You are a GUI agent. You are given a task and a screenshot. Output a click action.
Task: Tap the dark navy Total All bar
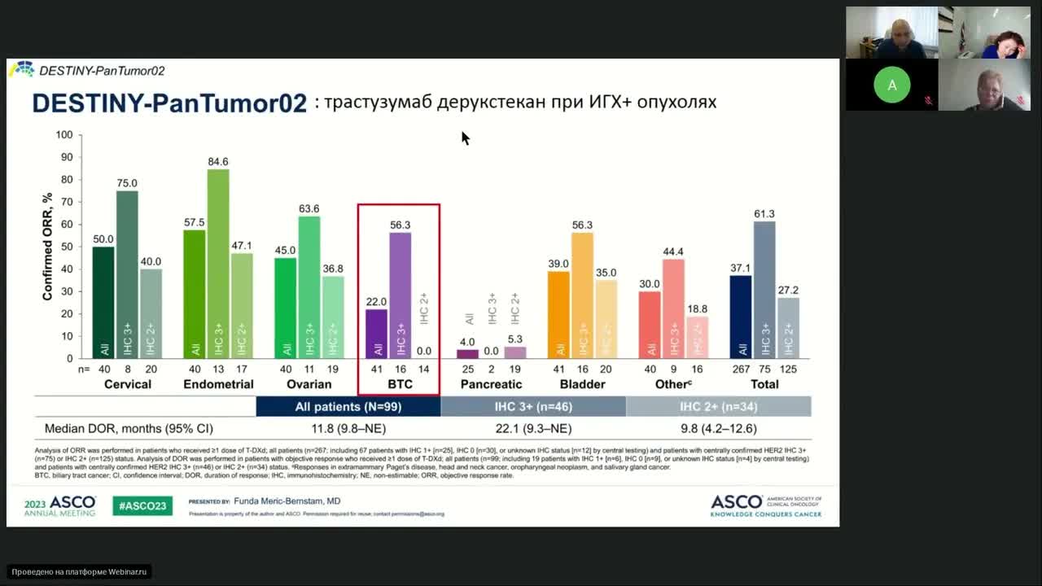pyautogui.click(x=741, y=317)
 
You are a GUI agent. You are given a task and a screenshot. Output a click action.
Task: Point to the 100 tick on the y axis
pyautogui.click(x=64, y=134)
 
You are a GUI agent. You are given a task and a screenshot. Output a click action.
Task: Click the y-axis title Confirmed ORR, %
pyautogui.click(x=48, y=247)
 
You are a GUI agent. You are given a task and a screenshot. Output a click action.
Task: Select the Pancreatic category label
pyautogui.click(x=491, y=384)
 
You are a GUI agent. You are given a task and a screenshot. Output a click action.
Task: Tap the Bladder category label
pyautogui.click(x=582, y=384)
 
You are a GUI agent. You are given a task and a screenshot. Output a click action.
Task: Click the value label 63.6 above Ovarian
pyautogui.click(x=309, y=208)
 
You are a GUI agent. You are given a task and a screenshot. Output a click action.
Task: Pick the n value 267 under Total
pyautogui.click(x=742, y=369)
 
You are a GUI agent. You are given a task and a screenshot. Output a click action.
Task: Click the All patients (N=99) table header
pyautogui.click(x=348, y=406)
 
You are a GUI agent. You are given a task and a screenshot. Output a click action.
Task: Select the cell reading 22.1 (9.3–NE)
pyautogui.click(x=533, y=428)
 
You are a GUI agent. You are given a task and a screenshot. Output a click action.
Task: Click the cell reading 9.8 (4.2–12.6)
pyautogui.click(x=718, y=428)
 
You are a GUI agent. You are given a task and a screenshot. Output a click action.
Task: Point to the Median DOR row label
pyautogui.click(x=129, y=428)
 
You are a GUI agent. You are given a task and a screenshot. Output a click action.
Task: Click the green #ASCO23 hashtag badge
pyautogui.click(x=142, y=505)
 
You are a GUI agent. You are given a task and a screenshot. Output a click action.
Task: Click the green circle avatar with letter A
pyautogui.click(x=892, y=85)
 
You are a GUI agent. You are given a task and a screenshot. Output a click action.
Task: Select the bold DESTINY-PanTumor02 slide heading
pyautogui.click(x=169, y=103)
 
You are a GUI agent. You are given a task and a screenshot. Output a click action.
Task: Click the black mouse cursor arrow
pyautogui.click(x=465, y=138)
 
